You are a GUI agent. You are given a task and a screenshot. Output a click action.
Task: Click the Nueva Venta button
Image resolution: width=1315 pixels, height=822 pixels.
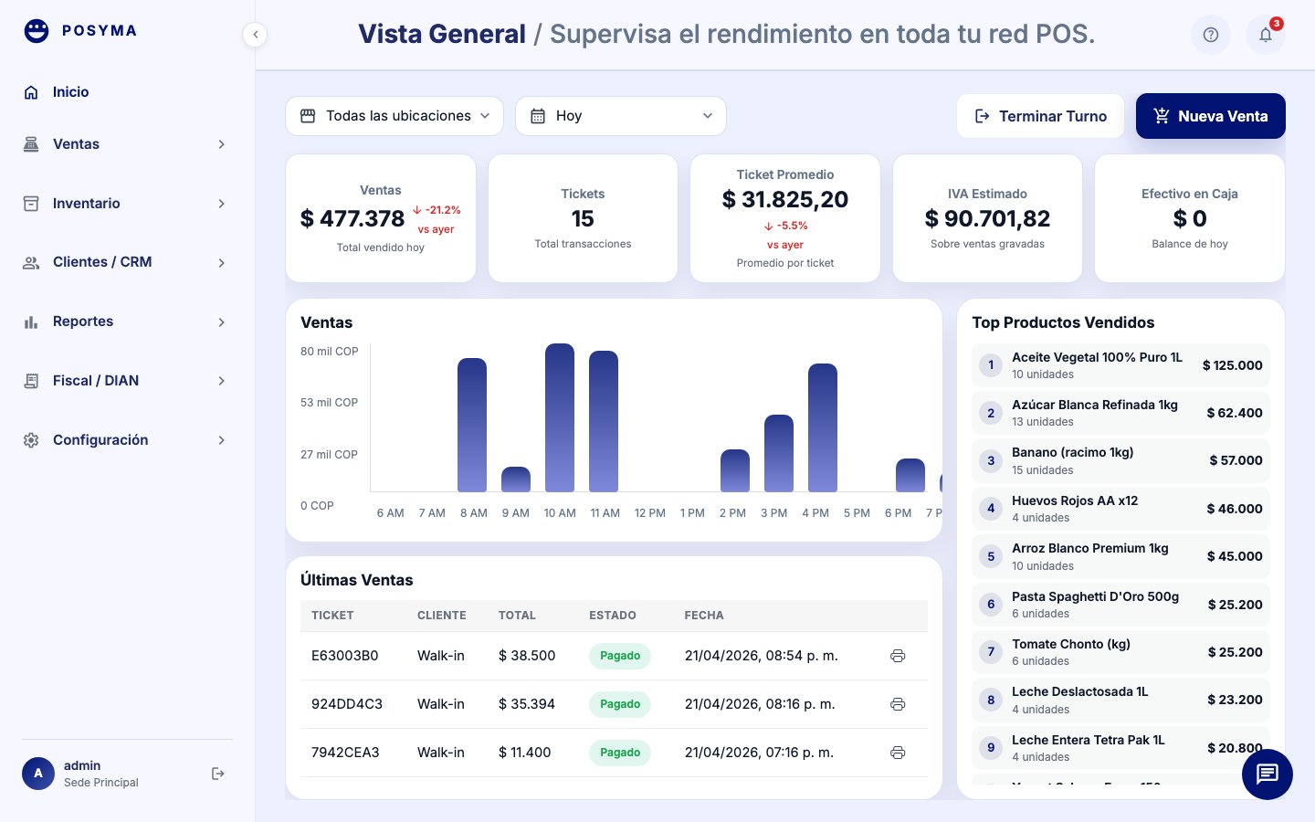(x=1210, y=116)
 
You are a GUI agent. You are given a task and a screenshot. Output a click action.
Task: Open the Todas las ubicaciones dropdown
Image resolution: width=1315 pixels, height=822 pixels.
(x=394, y=116)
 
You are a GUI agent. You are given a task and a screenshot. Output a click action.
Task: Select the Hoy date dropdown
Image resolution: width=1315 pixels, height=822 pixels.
(x=621, y=116)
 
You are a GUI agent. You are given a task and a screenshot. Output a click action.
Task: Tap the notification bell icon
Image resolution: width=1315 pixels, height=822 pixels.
(x=1265, y=35)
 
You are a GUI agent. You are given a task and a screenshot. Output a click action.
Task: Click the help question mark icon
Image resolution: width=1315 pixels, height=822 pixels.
(x=1211, y=35)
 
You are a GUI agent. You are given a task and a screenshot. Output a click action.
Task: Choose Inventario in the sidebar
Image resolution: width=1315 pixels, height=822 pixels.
(x=86, y=204)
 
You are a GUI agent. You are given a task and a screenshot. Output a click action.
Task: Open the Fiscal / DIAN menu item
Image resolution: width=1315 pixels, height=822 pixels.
(x=96, y=381)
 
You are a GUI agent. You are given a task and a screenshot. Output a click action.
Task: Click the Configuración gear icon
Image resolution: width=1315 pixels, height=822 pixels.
(x=31, y=440)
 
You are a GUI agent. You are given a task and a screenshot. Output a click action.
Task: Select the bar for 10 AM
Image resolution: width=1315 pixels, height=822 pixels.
(x=560, y=418)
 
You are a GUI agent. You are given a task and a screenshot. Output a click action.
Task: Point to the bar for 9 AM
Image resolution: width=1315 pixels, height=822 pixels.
(x=516, y=479)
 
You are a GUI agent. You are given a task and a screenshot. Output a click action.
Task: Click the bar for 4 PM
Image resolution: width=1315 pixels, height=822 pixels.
(x=823, y=428)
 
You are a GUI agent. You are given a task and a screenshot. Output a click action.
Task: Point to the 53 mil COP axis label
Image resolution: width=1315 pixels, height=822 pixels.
(x=329, y=403)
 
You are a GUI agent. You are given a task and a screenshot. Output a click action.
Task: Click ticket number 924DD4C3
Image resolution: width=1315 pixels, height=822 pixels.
(x=347, y=704)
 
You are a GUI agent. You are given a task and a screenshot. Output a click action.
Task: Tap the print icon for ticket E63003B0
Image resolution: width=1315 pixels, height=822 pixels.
(x=898, y=656)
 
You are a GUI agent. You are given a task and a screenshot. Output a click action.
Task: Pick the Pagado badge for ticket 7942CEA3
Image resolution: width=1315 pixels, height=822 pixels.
(x=620, y=753)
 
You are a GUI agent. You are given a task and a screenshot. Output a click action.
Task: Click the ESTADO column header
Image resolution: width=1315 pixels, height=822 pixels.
(x=612, y=616)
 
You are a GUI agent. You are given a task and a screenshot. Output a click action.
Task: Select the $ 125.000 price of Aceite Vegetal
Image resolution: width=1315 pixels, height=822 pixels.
(x=1232, y=365)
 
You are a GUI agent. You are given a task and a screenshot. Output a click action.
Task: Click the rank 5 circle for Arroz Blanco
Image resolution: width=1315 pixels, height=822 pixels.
(x=991, y=556)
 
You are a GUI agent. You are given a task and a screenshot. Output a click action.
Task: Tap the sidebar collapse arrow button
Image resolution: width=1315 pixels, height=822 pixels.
(x=255, y=35)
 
